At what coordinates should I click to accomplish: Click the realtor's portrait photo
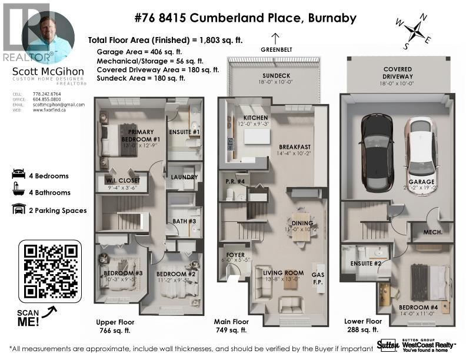[x=48, y=37]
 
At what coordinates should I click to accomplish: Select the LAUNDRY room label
[x=183, y=176]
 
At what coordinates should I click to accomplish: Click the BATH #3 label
[x=184, y=221]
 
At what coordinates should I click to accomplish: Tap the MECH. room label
[x=433, y=232]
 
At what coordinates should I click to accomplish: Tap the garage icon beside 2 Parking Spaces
[x=18, y=210]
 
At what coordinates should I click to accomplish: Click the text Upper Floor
[x=115, y=322]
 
